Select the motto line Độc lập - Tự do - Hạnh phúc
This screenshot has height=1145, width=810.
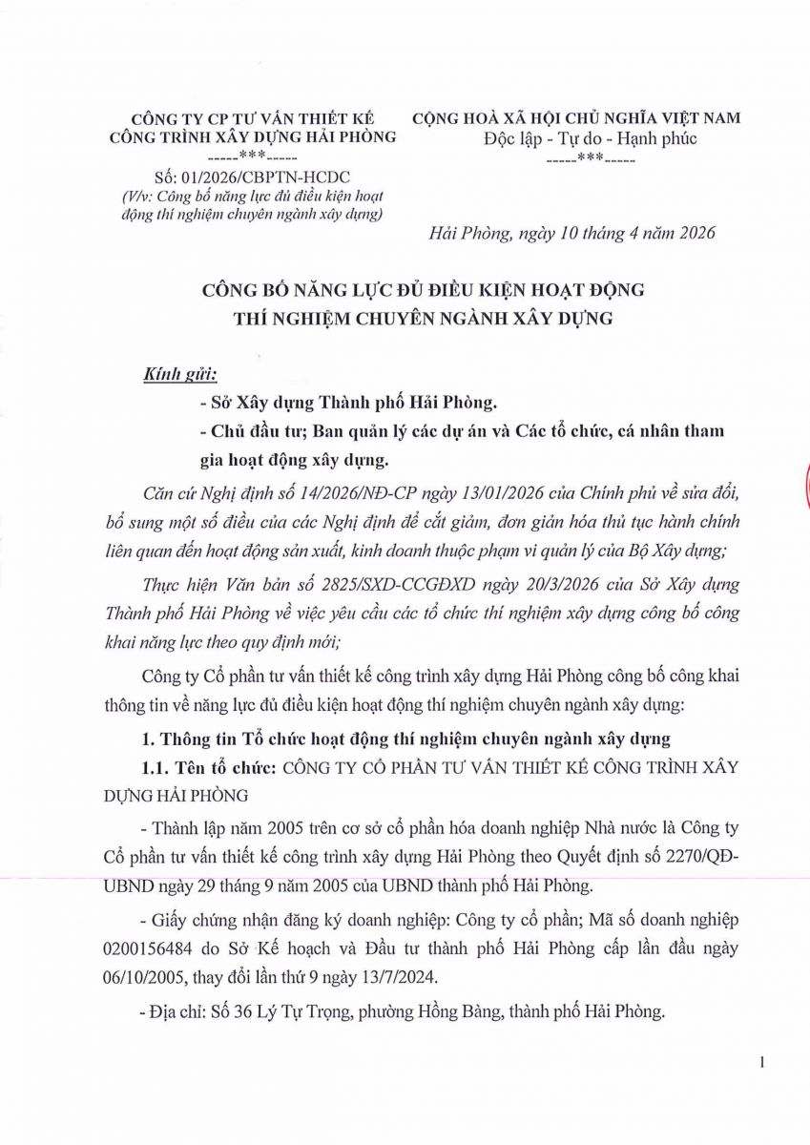tap(577, 139)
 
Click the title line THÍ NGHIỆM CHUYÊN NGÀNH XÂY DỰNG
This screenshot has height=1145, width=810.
tap(423, 318)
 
